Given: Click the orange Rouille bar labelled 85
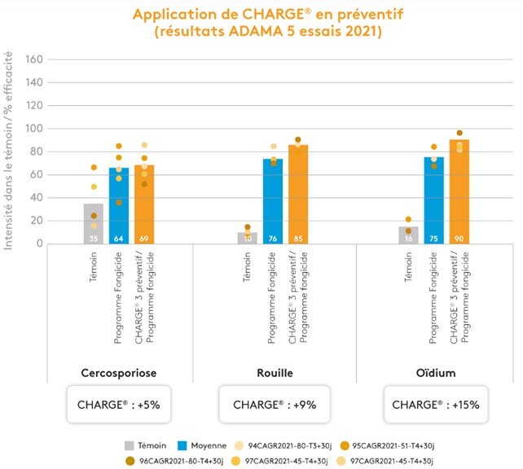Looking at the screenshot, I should point(298,195).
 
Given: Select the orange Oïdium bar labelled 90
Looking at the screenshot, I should point(459,192).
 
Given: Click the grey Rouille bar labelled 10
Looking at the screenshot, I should point(248,238).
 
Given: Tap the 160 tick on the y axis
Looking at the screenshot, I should point(33,59).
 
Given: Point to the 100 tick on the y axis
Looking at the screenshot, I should point(33,129).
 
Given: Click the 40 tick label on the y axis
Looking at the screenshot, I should point(36,198).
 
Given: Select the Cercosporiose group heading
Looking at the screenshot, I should point(120,372).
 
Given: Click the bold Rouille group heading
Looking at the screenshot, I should point(274,372).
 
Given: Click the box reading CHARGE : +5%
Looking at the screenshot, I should point(118,405).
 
